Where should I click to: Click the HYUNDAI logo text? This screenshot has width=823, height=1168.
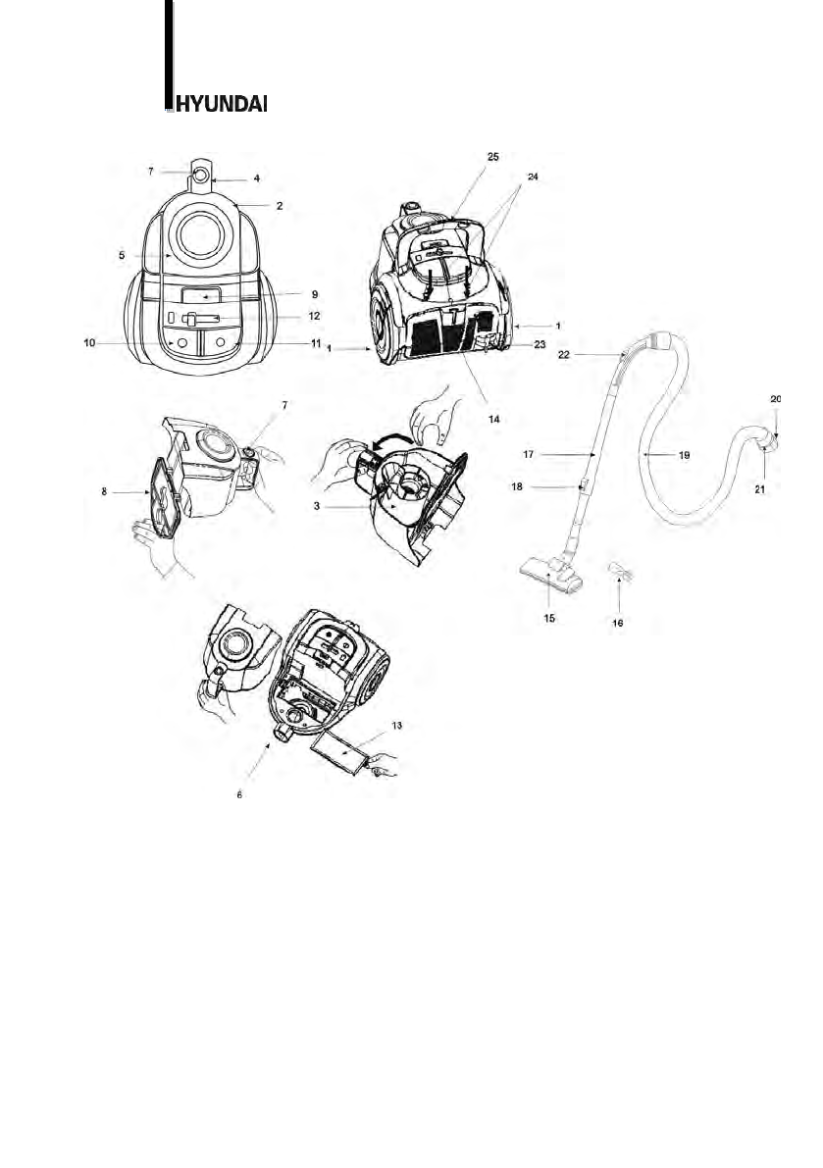[218, 103]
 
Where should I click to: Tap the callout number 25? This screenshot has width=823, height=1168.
[492, 157]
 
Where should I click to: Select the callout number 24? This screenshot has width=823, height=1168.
[533, 178]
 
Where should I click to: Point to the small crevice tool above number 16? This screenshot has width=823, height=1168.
[619, 571]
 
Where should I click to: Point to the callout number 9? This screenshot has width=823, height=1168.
[285, 293]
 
